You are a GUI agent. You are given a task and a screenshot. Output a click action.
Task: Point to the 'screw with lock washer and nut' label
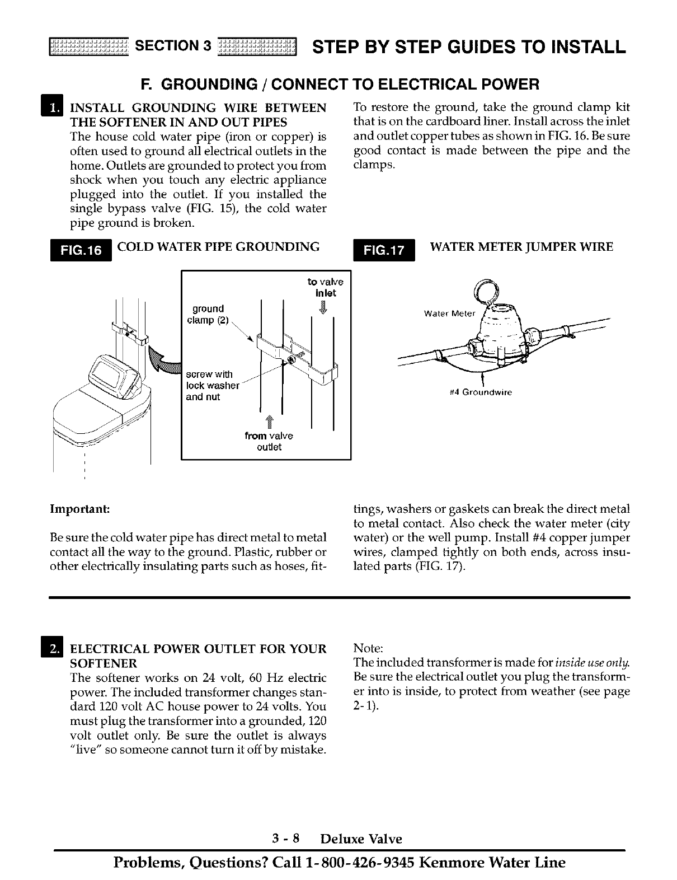tap(212, 386)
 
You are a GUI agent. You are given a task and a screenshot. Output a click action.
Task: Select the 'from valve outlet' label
tap(269, 442)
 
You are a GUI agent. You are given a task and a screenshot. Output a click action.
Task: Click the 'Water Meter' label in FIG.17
tap(449, 313)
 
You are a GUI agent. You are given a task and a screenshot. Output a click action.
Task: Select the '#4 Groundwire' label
tap(481, 392)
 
